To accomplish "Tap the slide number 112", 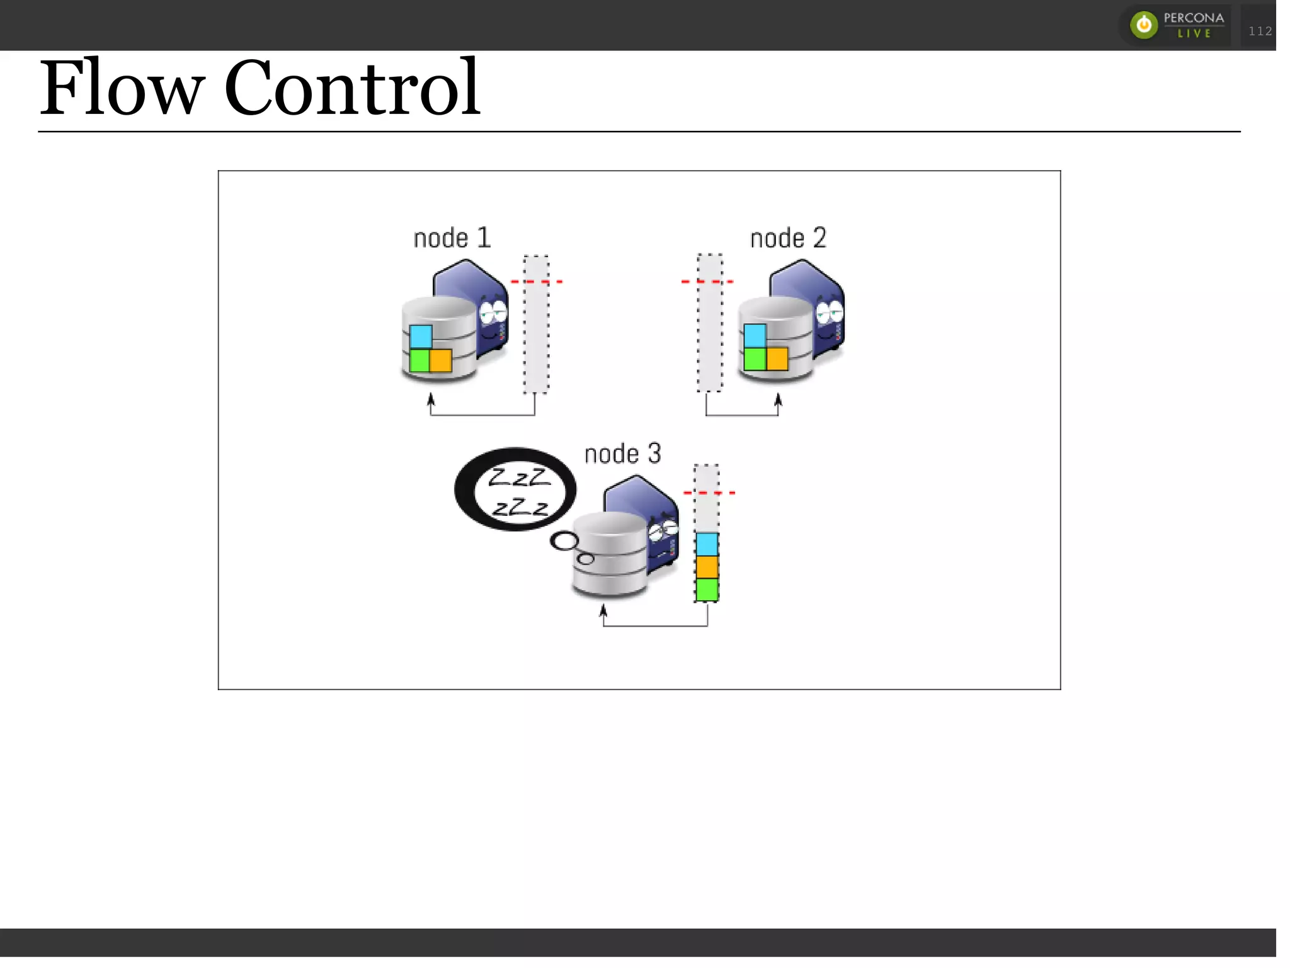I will pos(1260,31).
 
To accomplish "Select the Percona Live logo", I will pos(1177,25).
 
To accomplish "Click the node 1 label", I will pos(452,238).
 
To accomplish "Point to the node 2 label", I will pos(788,238).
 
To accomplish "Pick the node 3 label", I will pos(622,454).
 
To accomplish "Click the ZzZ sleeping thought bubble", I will pos(516,489).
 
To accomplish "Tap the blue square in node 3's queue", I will pos(707,544).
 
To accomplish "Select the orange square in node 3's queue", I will pos(707,567).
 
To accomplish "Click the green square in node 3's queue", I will pos(707,590).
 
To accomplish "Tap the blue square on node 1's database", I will pos(421,336).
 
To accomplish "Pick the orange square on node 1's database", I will pos(441,360).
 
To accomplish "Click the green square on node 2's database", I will pos(755,359).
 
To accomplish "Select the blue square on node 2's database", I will pos(755,335).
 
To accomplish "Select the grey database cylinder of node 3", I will pos(609,554).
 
